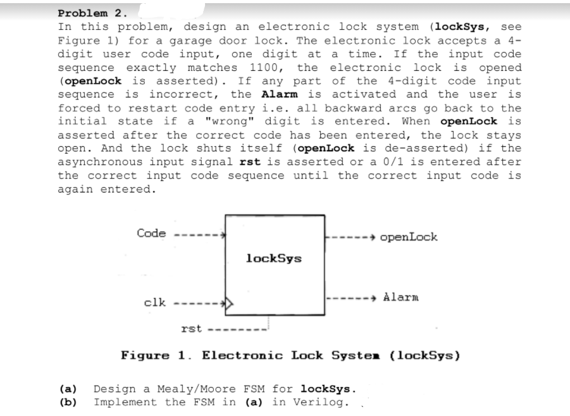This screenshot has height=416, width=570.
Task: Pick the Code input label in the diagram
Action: pyautogui.click(x=151, y=233)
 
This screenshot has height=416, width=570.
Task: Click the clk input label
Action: pyautogui.click(x=155, y=302)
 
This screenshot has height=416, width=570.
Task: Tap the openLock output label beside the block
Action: pyautogui.click(x=409, y=237)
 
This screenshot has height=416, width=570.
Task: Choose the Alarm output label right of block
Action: pyautogui.click(x=400, y=297)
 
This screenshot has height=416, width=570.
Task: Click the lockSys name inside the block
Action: pyautogui.click(x=273, y=258)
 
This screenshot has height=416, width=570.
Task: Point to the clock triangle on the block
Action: pyautogui.click(x=229, y=303)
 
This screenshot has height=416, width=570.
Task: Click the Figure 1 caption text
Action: pyautogui.click(x=290, y=355)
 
